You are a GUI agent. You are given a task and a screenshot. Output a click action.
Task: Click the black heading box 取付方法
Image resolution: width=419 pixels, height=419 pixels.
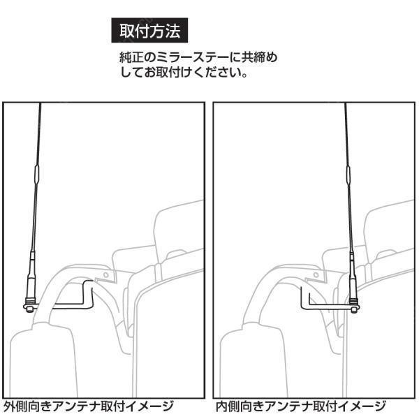[x=149, y=30]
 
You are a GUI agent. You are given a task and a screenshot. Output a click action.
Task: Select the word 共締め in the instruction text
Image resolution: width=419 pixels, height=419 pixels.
[x=259, y=57]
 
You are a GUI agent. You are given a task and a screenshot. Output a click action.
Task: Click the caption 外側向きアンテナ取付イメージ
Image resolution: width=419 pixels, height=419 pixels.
[x=89, y=406]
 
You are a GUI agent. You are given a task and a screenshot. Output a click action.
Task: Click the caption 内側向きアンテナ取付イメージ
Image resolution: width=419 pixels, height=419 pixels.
[x=301, y=406]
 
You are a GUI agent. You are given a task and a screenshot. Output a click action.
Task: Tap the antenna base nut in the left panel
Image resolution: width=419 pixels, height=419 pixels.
[x=29, y=309]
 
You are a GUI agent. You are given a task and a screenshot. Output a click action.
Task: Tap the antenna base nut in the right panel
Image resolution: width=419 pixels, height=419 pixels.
[x=354, y=309]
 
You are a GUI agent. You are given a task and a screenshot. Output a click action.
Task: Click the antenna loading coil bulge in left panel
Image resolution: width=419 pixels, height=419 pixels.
[x=36, y=174]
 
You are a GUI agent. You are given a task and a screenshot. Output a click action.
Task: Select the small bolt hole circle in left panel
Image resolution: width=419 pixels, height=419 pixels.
[x=106, y=274]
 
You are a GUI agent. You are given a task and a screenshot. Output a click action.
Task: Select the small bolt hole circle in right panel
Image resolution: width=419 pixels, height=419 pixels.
[x=316, y=274]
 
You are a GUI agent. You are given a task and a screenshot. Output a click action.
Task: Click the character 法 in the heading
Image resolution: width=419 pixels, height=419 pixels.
[x=172, y=31]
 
